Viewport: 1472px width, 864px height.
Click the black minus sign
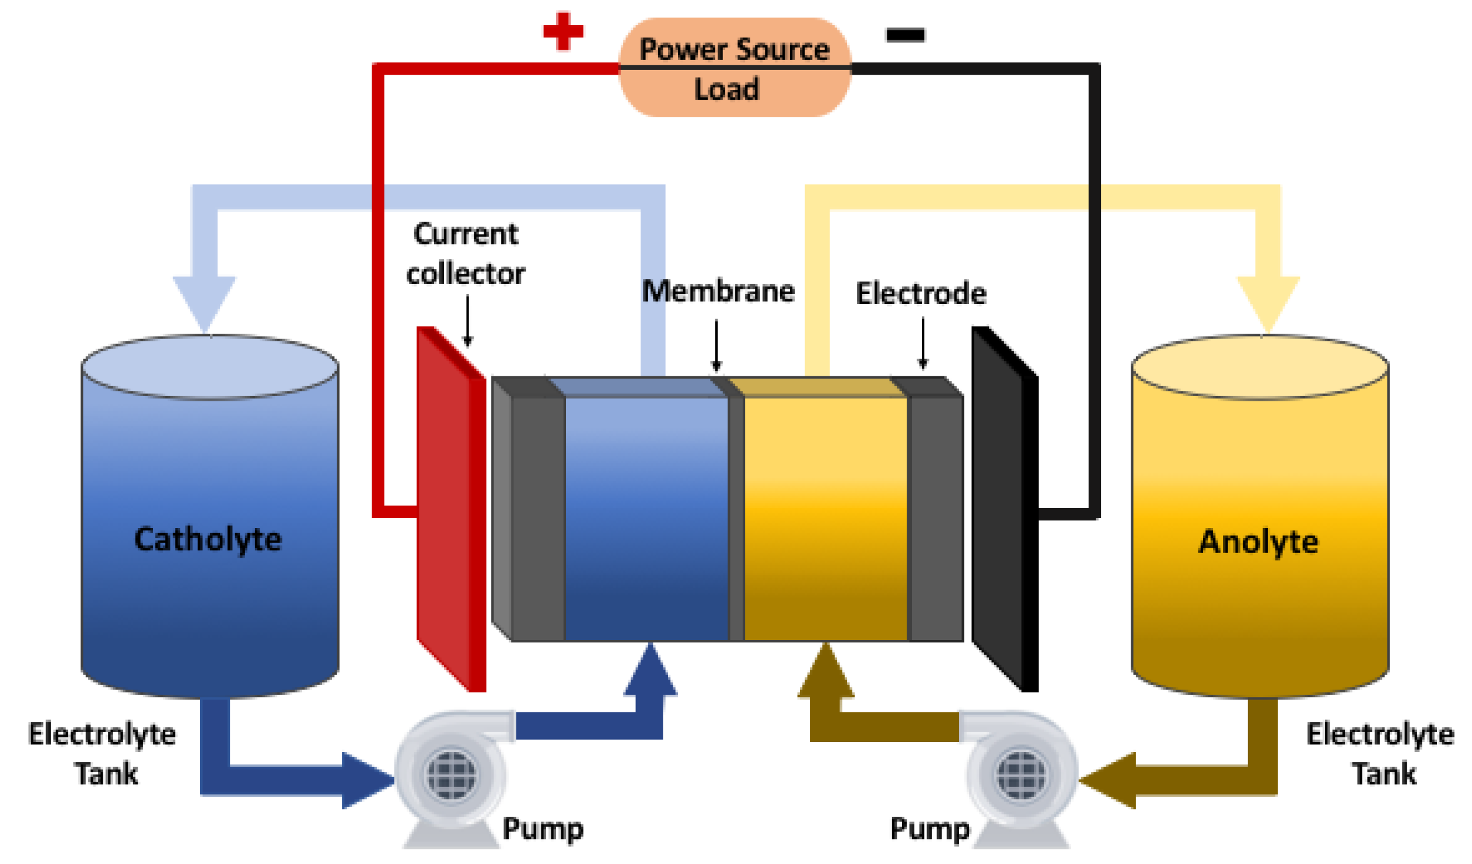(905, 35)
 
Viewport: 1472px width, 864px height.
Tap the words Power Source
(734, 49)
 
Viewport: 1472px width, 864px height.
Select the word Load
(726, 89)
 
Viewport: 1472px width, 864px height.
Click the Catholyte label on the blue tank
(208, 538)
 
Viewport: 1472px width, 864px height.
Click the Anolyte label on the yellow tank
(1259, 541)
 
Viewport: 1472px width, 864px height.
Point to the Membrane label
(718, 291)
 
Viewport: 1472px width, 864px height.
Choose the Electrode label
(921, 293)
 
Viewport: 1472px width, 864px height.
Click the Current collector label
(466, 254)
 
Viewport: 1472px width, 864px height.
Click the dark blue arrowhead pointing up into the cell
(650, 672)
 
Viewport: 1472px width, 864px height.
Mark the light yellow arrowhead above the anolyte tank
(1268, 303)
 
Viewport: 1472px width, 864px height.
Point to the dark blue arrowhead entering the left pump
(365, 780)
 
